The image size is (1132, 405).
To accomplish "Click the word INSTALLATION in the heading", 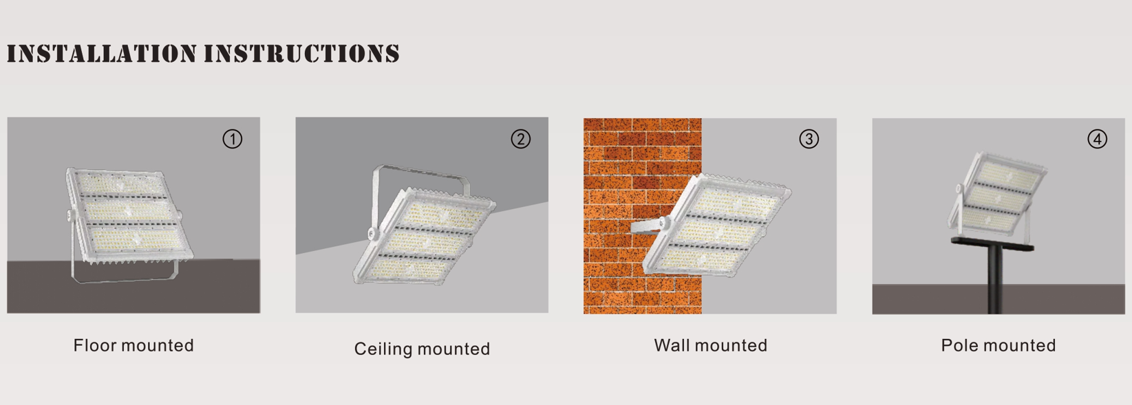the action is (102, 54).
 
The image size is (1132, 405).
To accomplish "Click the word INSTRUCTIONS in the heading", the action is (301, 54).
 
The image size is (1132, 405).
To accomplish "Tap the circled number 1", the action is (233, 139).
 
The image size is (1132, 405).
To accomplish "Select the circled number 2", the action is (520, 139).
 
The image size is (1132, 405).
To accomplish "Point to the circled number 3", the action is (809, 139).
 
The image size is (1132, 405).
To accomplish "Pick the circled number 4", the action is (1097, 139).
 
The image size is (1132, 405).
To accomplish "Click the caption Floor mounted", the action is (134, 345).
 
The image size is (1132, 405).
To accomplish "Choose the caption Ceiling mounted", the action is (422, 349).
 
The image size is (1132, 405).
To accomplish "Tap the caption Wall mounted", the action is (711, 345).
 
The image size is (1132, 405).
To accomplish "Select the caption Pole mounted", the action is (998, 345).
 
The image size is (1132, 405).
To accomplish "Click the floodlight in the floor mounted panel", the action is (129, 217).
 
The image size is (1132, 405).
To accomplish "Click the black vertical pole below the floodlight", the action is (995, 282).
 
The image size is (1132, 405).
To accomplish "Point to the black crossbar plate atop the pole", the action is (992, 245).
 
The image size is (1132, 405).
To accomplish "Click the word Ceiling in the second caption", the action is (383, 349).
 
